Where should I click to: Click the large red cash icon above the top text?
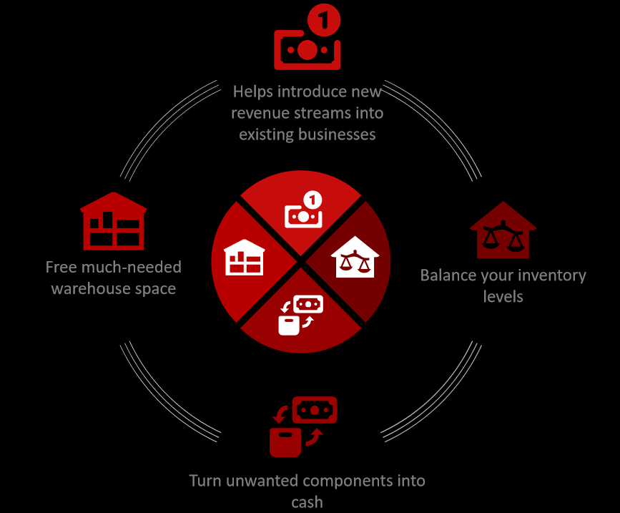pyautogui.click(x=307, y=39)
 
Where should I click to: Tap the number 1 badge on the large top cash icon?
pyautogui.click(x=324, y=21)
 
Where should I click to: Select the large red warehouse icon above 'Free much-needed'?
pyautogui.click(x=114, y=221)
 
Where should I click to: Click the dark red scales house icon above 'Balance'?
pyautogui.click(x=503, y=230)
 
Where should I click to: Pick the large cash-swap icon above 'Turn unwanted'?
pyautogui.click(x=304, y=426)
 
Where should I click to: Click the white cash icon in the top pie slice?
pyautogui.click(x=304, y=210)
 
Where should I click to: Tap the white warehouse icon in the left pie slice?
pyautogui.click(x=244, y=258)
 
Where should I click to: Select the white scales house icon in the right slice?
pyautogui.click(x=355, y=257)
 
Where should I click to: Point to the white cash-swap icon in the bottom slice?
pyautogui.click(x=301, y=316)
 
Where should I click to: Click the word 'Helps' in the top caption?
pyautogui.click(x=253, y=92)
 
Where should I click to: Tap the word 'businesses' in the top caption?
pyautogui.click(x=338, y=135)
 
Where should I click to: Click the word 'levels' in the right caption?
pyautogui.click(x=503, y=297)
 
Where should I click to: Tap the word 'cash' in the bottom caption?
pyautogui.click(x=307, y=502)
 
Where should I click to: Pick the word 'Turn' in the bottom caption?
pyautogui.click(x=205, y=481)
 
